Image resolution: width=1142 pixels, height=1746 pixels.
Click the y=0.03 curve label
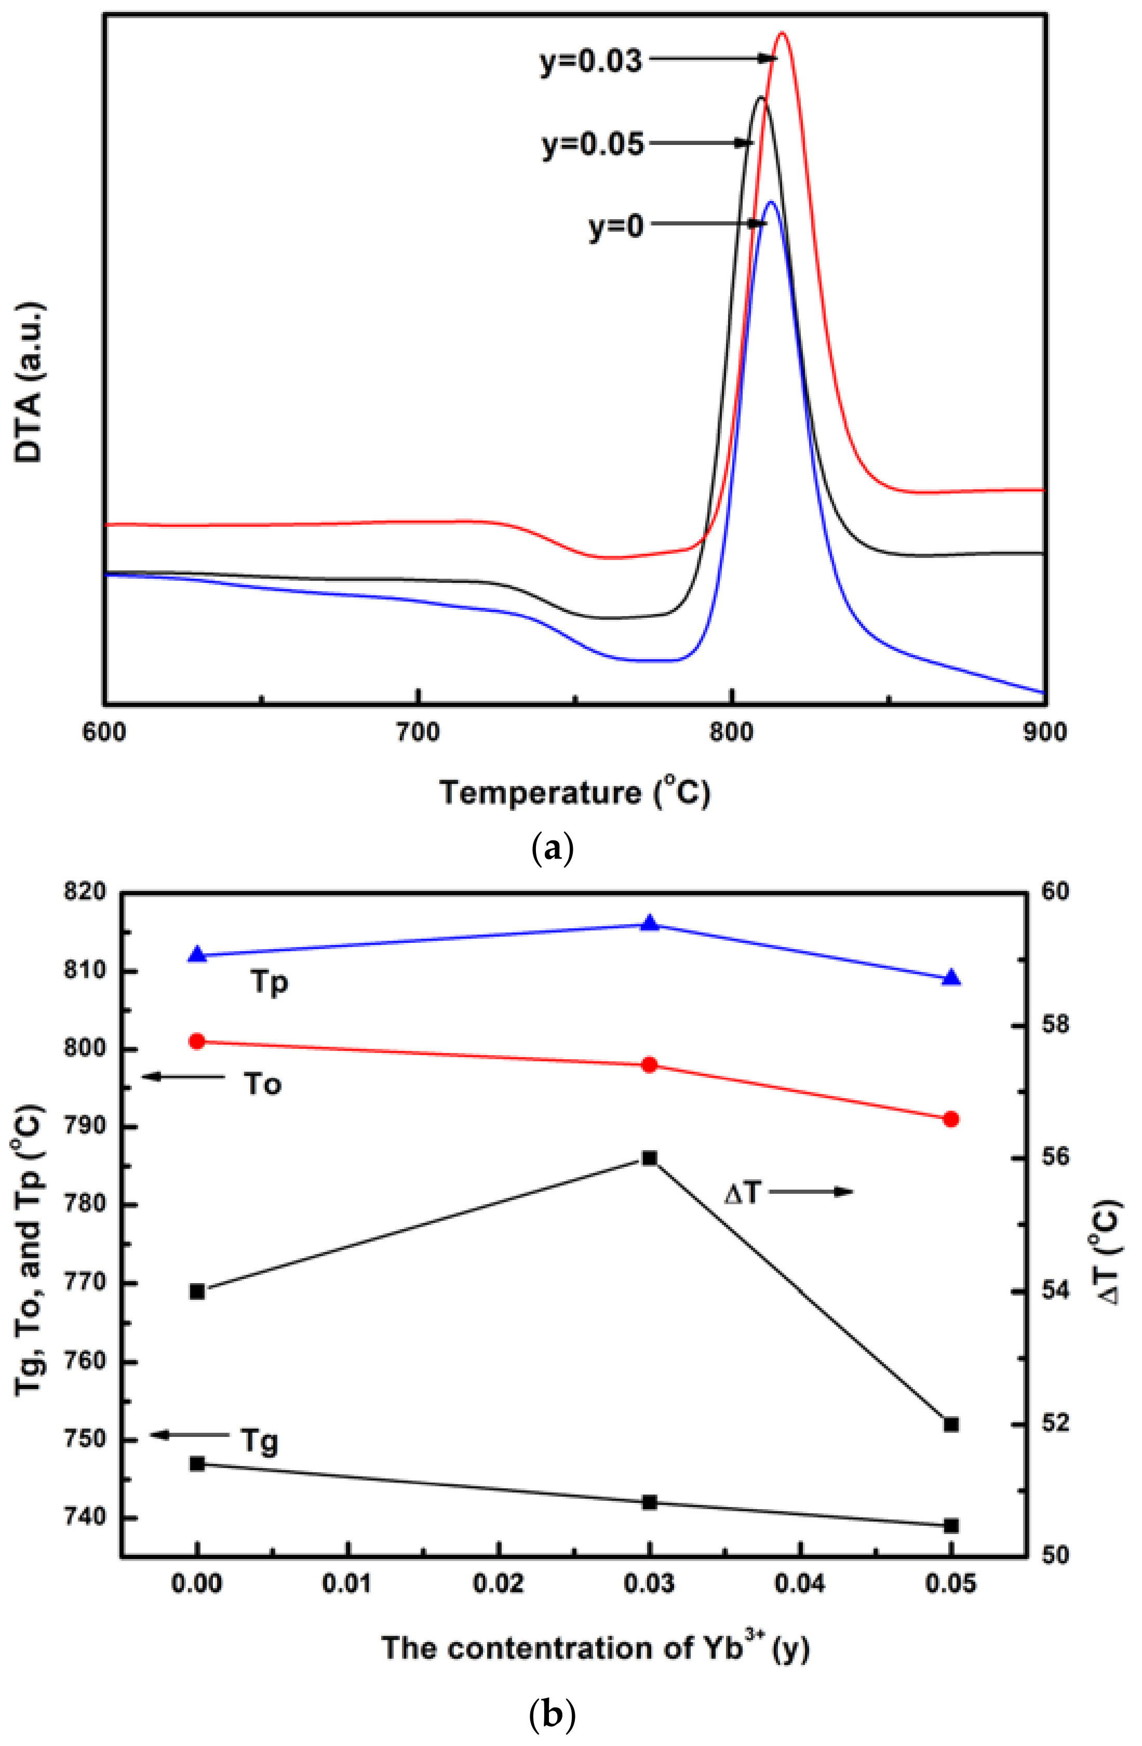tap(591, 61)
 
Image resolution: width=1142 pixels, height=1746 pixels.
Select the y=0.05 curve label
tap(593, 144)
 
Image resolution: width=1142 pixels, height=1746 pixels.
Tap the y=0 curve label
tap(616, 226)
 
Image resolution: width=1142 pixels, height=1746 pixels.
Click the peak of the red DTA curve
tap(782, 33)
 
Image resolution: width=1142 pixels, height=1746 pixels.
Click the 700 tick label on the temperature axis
tap(417, 731)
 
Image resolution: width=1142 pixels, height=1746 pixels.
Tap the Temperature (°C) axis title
tap(574, 793)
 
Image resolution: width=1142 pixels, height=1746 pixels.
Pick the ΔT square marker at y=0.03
tap(649, 1157)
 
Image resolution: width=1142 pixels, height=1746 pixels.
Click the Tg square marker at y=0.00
tap(197, 1463)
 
